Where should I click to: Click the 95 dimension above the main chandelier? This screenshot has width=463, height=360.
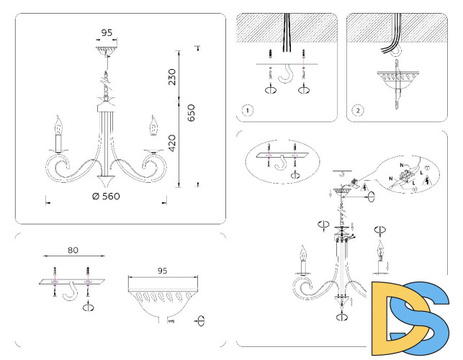(106, 32)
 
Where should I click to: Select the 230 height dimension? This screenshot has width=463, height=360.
(172, 76)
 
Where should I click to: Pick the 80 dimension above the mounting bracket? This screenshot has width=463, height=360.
(73, 251)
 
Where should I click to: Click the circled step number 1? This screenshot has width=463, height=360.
(247, 111)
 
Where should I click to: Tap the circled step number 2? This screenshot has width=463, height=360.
(358, 111)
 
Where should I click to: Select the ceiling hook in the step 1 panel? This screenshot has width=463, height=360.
(287, 76)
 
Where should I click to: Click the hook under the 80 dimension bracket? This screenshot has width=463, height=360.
(71, 292)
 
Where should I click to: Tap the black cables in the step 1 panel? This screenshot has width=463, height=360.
(287, 32)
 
